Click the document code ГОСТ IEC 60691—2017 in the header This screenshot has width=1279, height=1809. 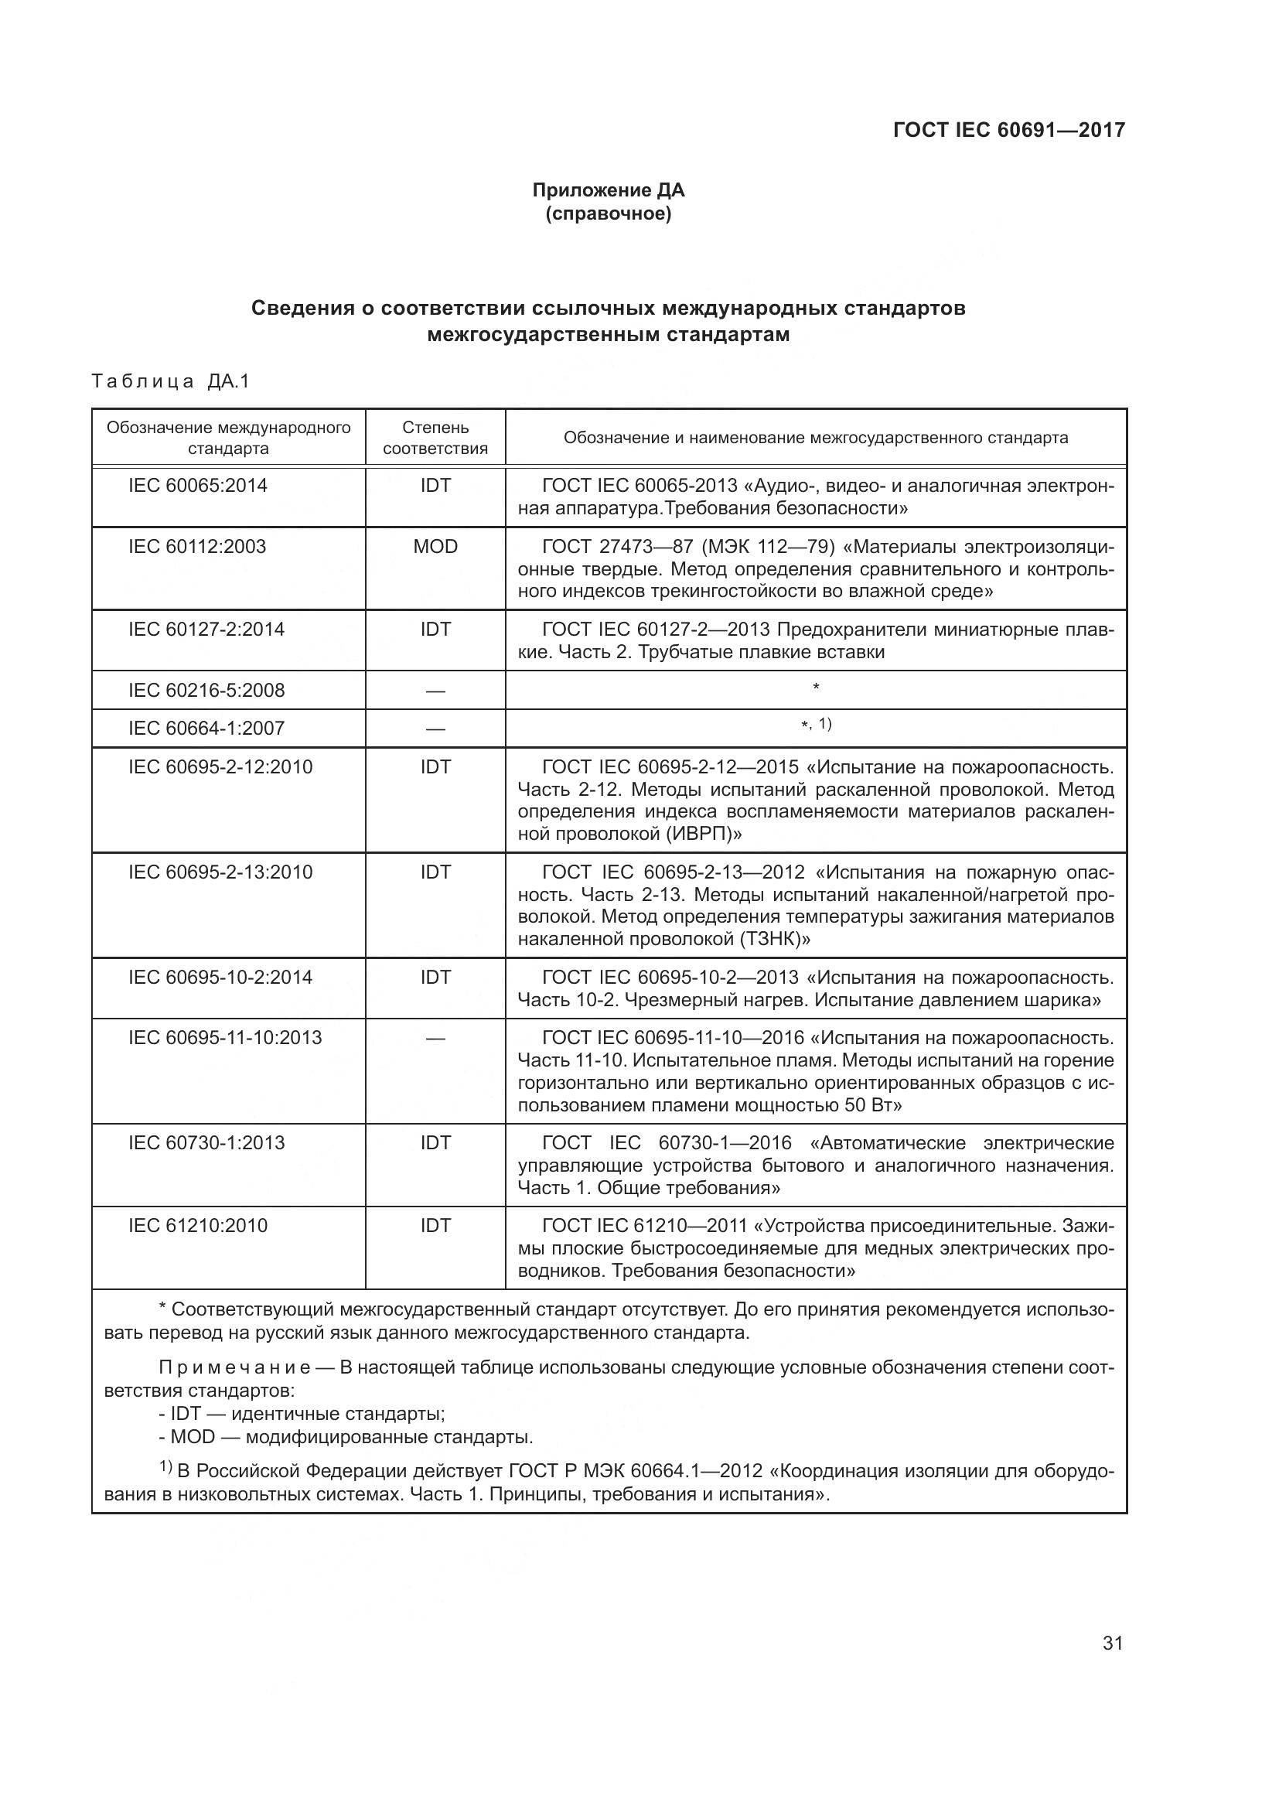click(x=1009, y=130)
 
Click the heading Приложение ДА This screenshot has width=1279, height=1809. click(x=608, y=190)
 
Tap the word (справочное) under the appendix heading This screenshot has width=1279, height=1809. click(x=608, y=213)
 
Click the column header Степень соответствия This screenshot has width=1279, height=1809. click(x=435, y=438)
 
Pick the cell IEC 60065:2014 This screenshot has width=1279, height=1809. click(x=198, y=486)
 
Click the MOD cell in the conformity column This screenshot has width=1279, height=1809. click(x=435, y=547)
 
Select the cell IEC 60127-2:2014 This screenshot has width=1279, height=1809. click(x=206, y=630)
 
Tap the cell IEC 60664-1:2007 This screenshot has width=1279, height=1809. click(x=206, y=728)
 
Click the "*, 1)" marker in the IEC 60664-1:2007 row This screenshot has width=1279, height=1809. click(x=816, y=724)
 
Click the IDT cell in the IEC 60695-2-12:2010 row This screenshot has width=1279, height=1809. click(x=435, y=766)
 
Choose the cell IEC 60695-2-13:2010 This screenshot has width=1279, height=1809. click(x=220, y=872)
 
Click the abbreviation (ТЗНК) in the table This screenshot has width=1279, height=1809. click(x=775, y=939)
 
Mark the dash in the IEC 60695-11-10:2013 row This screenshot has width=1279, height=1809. click(x=435, y=1039)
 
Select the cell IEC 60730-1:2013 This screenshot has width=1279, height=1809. click(x=206, y=1143)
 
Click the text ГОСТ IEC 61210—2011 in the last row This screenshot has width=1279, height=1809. click(x=644, y=1226)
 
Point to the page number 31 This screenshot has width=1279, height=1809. click(x=1112, y=1643)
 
